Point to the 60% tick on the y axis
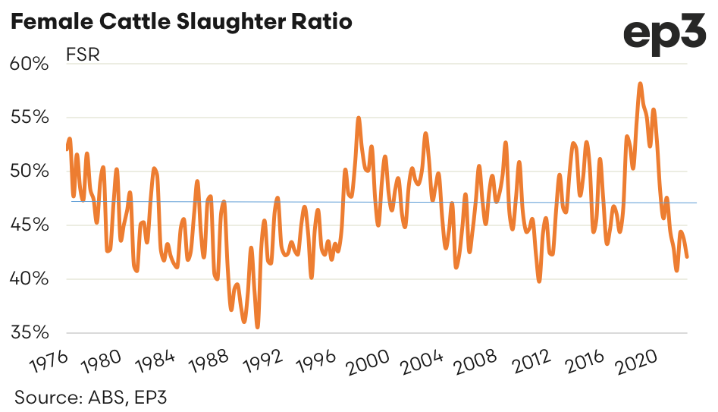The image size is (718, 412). [29, 64]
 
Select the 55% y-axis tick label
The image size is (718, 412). [29, 118]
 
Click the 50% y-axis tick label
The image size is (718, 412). [29, 171]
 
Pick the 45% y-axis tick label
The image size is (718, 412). [29, 225]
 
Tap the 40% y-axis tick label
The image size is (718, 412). [29, 279]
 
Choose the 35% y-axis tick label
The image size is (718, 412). [29, 333]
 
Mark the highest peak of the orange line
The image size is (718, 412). [641, 83]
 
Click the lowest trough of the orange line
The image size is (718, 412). [258, 327]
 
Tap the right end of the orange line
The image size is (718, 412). [687, 256]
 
